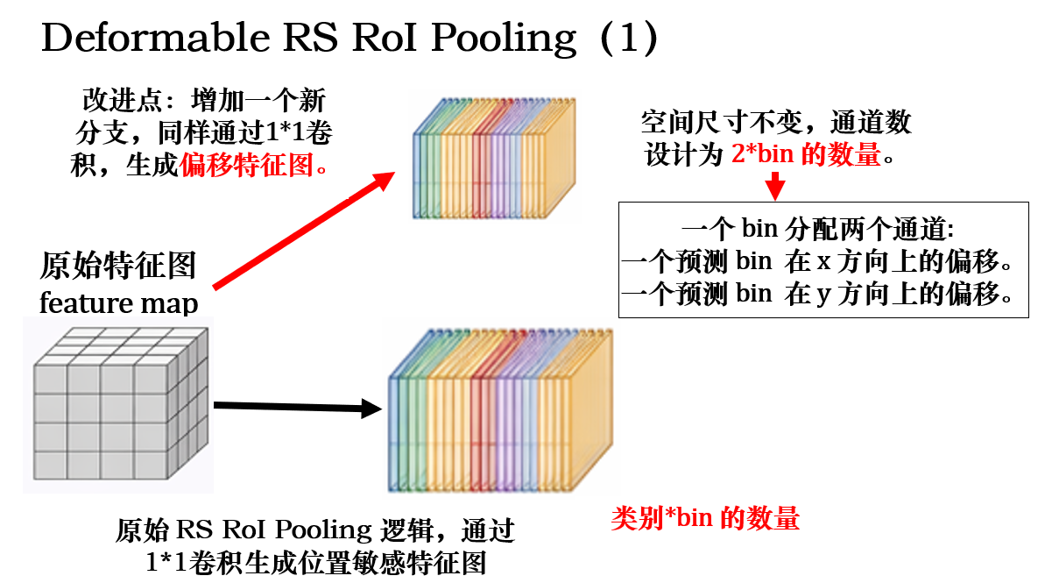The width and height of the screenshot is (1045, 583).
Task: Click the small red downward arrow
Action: tap(774, 187)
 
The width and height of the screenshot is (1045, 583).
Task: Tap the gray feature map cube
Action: tap(117, 402)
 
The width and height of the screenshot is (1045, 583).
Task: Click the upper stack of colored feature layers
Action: tap(494, 157)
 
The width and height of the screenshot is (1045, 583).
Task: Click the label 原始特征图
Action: tap(118, 266)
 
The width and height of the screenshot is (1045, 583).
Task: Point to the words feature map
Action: tap(118, 303)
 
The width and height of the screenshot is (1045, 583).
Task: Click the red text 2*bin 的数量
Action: tap(805, 156)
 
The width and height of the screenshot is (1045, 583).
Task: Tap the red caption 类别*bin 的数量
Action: tap(705, 519)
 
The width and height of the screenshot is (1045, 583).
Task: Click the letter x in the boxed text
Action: tap(823, 264)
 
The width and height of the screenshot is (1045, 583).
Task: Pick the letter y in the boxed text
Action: tap(823, 296)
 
